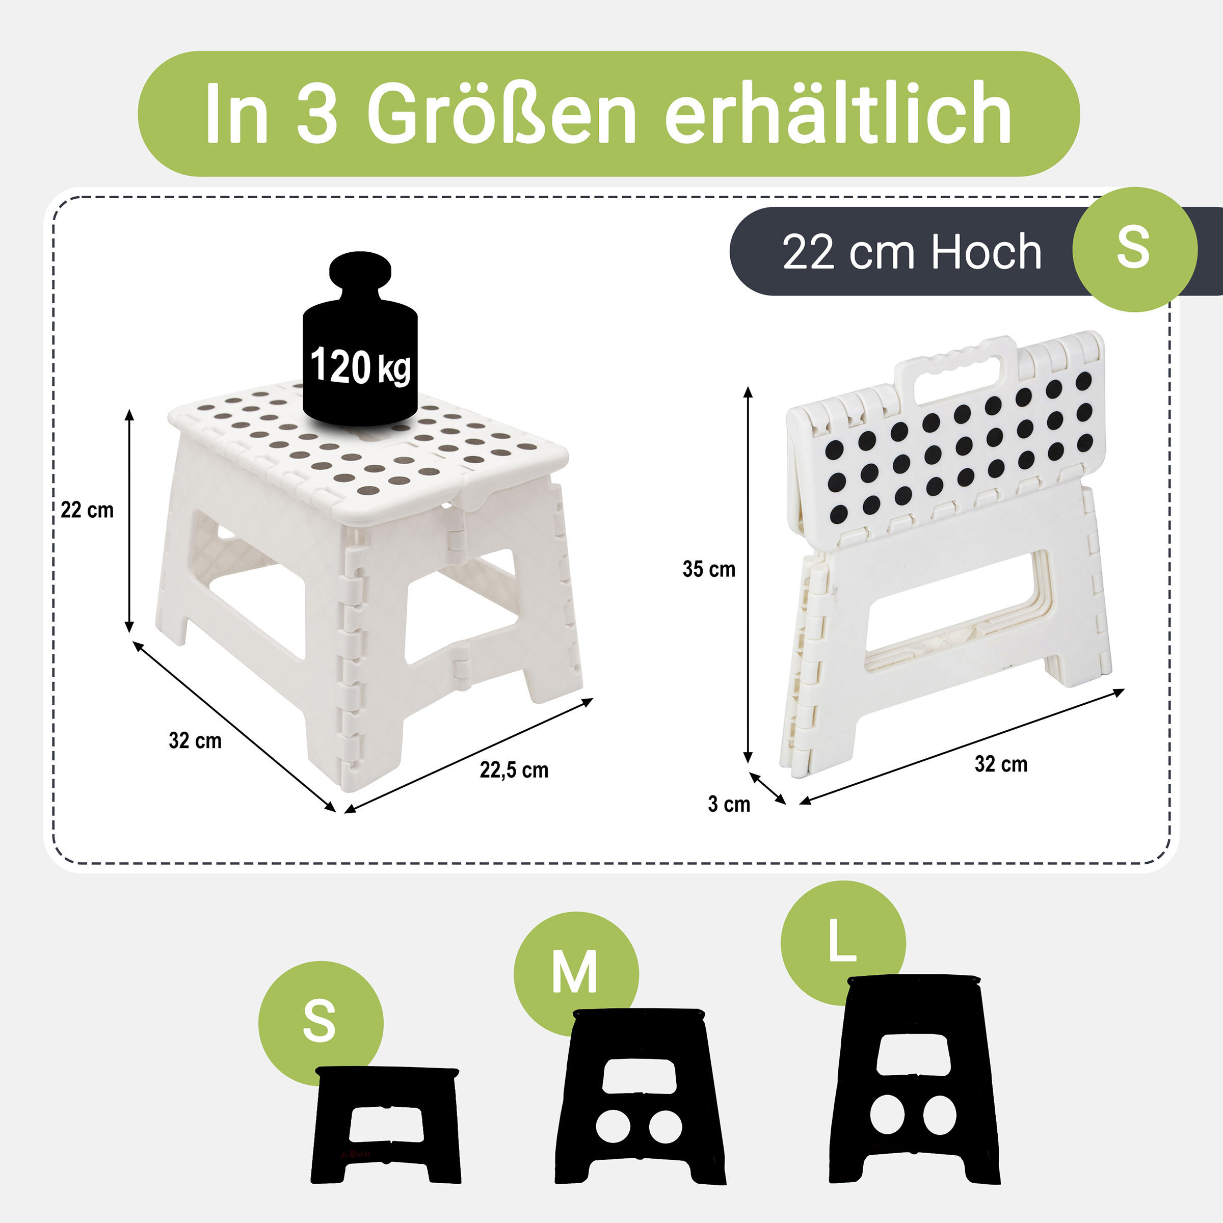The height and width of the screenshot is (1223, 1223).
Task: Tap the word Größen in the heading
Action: (501, 114)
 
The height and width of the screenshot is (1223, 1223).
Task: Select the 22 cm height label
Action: (87, 510)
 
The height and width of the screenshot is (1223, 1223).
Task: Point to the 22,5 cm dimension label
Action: (514, 770)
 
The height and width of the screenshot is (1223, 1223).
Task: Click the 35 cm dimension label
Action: (709, 570)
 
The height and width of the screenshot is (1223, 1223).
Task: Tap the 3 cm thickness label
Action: (729, 805)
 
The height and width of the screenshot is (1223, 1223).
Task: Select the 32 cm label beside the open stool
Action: (195, 740)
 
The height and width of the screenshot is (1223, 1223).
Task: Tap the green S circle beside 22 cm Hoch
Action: (1134, 249)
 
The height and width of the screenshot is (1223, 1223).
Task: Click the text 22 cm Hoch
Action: (912, 252)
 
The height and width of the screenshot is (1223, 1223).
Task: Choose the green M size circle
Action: (575, 973)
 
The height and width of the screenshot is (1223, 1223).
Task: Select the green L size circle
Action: (842, 941)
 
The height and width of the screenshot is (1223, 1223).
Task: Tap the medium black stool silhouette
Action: (640, 1098)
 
